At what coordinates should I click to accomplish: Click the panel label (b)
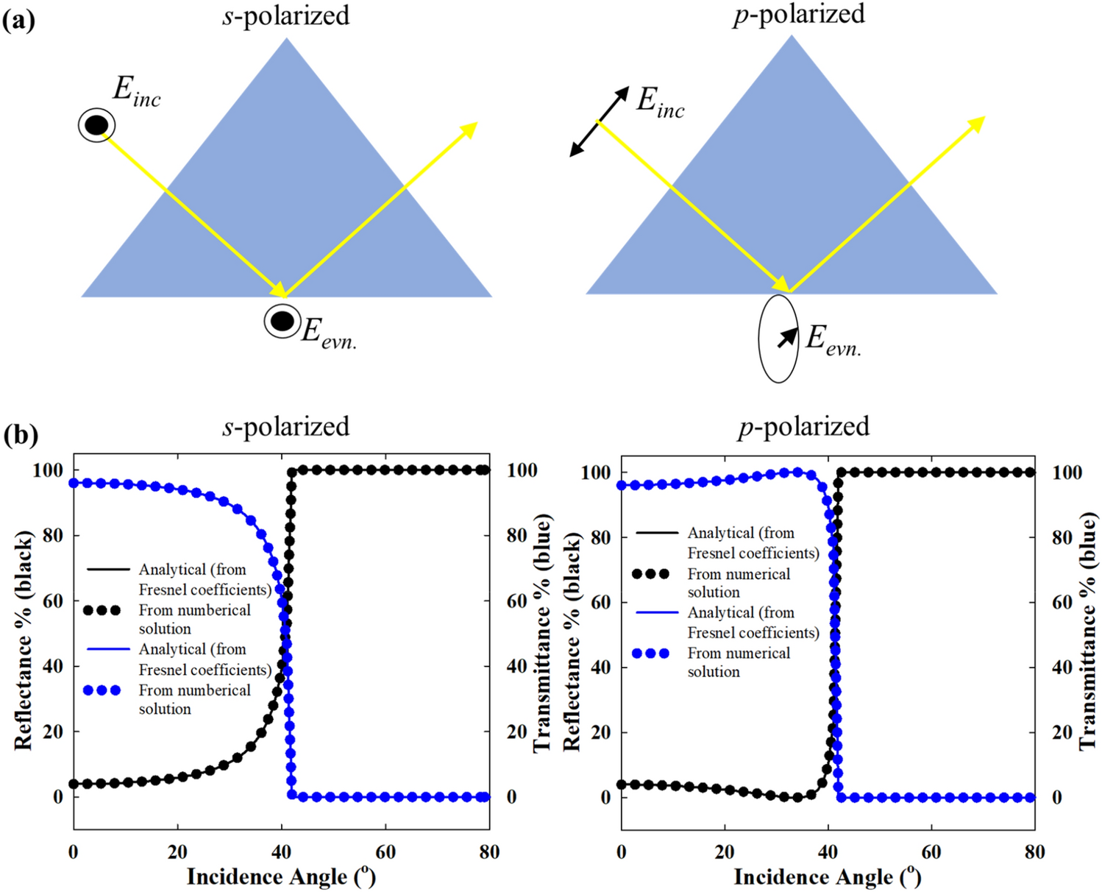click(x=20, y=435)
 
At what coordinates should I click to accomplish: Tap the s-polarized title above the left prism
click(x=285, y=15)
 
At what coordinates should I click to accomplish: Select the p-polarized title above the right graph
click(x=803, y=427)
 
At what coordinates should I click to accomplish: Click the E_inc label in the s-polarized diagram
click(x=136, y=93)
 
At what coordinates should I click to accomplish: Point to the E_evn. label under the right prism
click(x=833, y=341)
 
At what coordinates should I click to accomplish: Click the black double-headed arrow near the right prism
click(x=600, y=121)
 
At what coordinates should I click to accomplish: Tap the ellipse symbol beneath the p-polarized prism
click(x=778, y=339)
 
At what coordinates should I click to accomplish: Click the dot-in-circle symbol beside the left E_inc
click(x=96, y=126)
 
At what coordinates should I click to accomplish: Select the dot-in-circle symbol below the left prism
click(x=282, y=322)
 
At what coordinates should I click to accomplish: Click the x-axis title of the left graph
click(x=281, y=877)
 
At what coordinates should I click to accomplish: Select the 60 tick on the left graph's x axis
click(x=385, y=852)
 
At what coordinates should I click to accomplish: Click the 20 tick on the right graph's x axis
click(x=725, y=852)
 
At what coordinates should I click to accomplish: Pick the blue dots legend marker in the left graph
click(x=102, y=690)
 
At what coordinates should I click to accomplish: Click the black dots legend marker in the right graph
click(x=650, y=574)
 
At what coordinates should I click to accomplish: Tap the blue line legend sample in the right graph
click(x=656, y=612)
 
